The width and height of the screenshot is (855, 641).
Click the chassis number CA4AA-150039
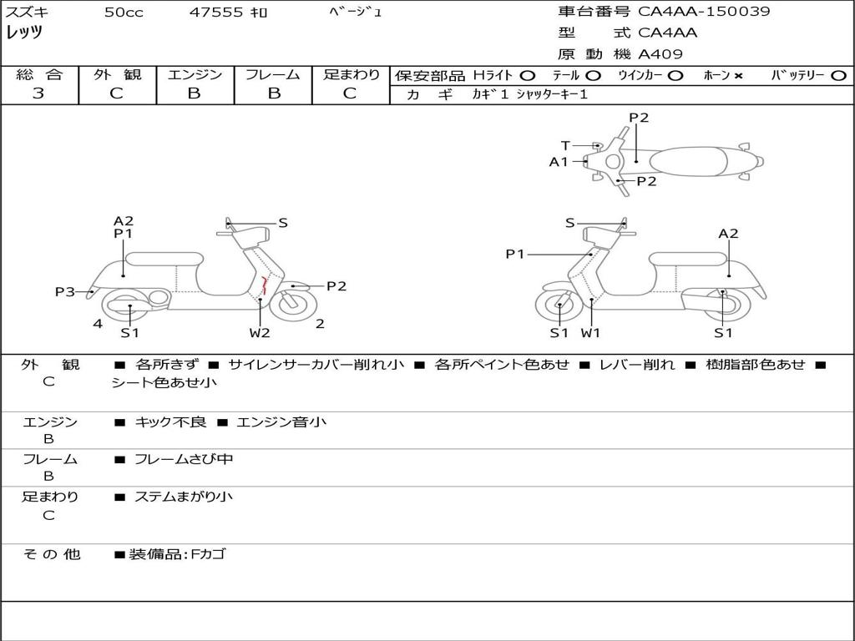point(704,12)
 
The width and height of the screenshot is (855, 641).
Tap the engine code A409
point(660,54)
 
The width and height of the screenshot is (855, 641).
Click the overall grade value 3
point(38,93)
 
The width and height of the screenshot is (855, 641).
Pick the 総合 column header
point(39,74)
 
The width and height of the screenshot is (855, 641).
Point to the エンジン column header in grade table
point(195,74)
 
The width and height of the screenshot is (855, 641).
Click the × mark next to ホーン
point(738,75)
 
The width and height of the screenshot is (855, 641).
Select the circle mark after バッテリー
point(838,75)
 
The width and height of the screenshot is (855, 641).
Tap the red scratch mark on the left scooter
point(264,285)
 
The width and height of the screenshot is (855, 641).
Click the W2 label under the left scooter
point(260,333)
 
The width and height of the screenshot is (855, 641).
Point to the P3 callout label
point(65,291)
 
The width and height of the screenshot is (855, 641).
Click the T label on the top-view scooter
point(565,145)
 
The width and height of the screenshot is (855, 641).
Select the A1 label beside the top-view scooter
point(559,162)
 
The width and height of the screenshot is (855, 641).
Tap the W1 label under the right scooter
point(591,333)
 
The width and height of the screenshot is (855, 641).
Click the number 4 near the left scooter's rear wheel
point(98,323)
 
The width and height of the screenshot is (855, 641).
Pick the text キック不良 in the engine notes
point(170,422)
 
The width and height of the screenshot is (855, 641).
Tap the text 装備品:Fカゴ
point(176,554)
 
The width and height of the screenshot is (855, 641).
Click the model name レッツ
point(24,33)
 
